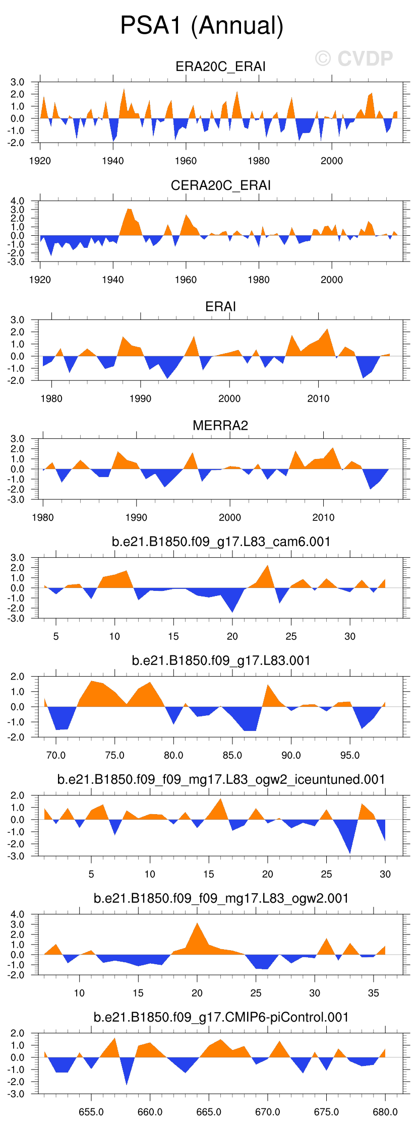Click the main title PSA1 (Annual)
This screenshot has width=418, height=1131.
tap(202, 25)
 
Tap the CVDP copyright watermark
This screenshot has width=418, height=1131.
tap(354, 59)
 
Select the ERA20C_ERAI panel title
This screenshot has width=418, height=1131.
tap(220, 66)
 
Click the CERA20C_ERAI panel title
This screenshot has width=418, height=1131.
tap(220, 185)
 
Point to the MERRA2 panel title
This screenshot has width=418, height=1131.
tap(220, 426)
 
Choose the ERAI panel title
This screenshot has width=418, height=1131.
tap(220, 306)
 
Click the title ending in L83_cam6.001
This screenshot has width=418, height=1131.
tap(221, 542)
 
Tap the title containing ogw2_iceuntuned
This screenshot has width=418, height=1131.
tap(221, 779)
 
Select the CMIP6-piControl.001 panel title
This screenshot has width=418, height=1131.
tap(221, 1017)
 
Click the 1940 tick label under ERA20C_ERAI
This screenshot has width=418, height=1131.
tap(113, 161)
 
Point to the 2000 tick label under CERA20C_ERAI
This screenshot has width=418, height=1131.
tap(331, 280)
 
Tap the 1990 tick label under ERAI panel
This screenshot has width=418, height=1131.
tap(140, 398)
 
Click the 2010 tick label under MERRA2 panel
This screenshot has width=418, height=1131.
tap(323, 517)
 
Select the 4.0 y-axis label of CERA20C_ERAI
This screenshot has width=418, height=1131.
tap(17, 201)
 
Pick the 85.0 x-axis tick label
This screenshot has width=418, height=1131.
tap(232, 755)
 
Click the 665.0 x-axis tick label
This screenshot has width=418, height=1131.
tap(209, 1112)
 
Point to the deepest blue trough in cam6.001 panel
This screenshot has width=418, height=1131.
tap(232, 611)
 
